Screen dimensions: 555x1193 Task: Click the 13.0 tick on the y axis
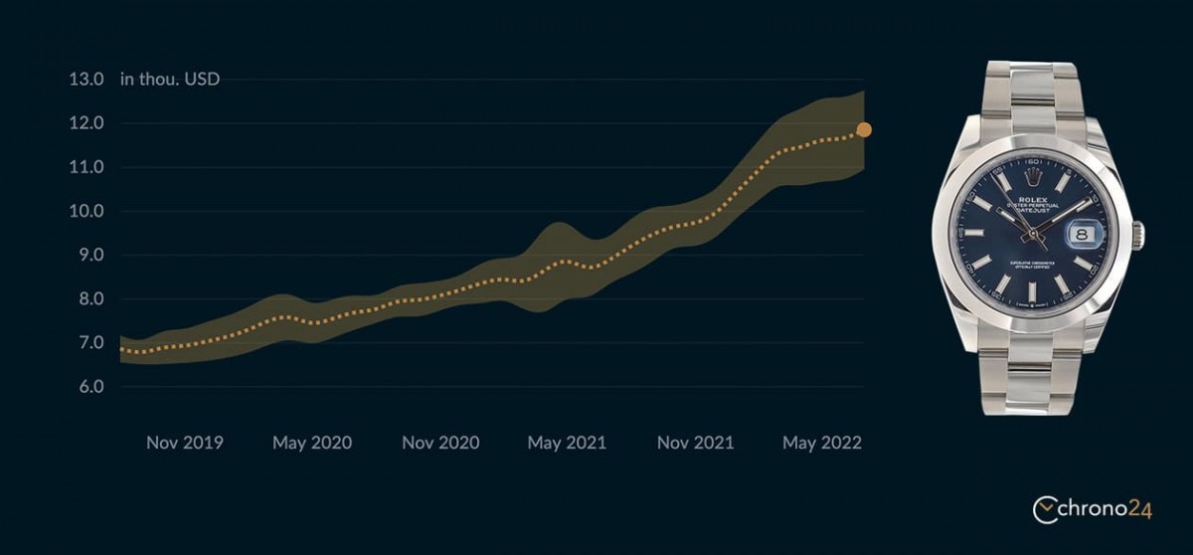pos(85,80)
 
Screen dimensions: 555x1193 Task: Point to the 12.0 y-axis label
pos(85,123)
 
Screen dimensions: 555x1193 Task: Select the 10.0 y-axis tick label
pos(85,211)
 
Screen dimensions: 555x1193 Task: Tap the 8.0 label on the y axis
pos(90,298)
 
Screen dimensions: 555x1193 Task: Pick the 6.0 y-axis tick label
pos(90,386)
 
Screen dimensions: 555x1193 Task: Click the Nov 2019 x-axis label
pos(185,443)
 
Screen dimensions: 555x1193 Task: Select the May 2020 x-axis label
pos(312,443)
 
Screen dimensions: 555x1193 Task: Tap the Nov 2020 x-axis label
pos(440,443)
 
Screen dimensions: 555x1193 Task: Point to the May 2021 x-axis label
pos(567,443)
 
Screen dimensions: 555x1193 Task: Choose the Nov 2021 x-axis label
pos(695,443)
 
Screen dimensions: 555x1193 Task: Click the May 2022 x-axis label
pos(822,443)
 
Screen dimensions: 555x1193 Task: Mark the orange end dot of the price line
pos(864,129)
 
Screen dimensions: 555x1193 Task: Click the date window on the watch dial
pos(1083,235)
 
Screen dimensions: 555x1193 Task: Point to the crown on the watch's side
pos(1139,236)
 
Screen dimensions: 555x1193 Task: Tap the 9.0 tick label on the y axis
pos(90,255)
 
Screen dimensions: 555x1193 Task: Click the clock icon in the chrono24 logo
pos(1045,510)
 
